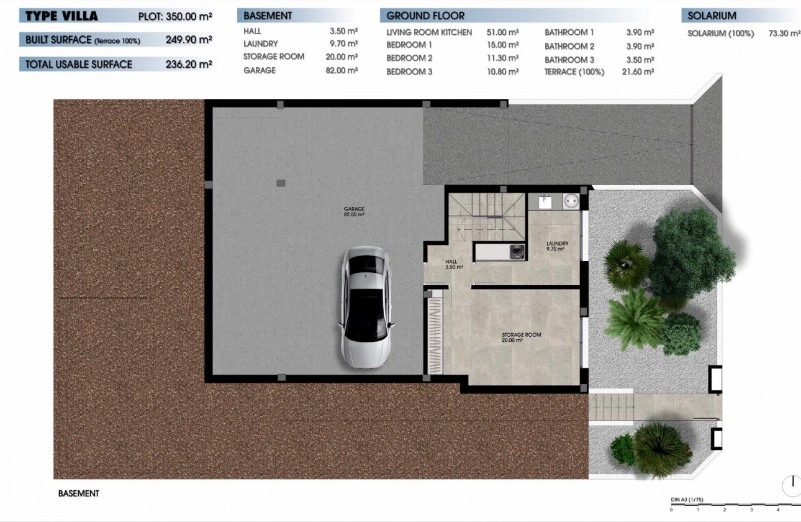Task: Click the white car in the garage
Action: tap(366, 308)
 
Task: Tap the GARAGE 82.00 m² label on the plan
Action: tap(354, 211)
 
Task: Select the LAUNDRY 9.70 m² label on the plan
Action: tap(555, 246)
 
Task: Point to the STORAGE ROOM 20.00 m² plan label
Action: tap(521, 337)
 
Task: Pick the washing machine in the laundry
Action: tap(569, 201)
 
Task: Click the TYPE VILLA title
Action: tap(61, 16)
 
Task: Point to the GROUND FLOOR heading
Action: tap(425, 16)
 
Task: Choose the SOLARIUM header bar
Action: tap(739, 16)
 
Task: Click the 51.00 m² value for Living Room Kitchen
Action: tap(504, 32)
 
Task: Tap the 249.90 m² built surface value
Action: tap(189, 40)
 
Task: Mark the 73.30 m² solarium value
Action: tap(784, 34)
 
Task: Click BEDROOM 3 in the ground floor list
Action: tap(409, 72)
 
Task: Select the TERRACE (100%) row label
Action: tap(574, 72)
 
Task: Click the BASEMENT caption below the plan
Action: tap(78, 493)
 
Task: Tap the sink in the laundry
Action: tap(545, 201)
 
